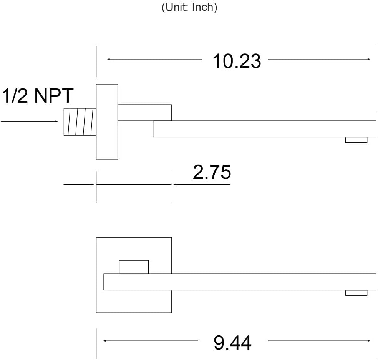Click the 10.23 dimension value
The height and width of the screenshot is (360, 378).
coord(237,61)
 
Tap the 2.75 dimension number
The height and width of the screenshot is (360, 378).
coord(212,172)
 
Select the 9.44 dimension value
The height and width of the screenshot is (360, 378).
coord(232,343)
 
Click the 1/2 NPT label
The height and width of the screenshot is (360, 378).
coord(38,95)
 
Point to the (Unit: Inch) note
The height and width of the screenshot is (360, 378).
coord(189,7)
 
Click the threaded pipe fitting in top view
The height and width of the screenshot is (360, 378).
coord(80,122)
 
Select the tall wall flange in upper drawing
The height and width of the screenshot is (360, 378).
coord(107,122)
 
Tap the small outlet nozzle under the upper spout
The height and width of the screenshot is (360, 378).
coord(356,140)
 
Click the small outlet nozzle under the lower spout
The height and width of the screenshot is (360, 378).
coord(356,293)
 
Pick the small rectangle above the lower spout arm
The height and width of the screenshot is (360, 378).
coord(134,267)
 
